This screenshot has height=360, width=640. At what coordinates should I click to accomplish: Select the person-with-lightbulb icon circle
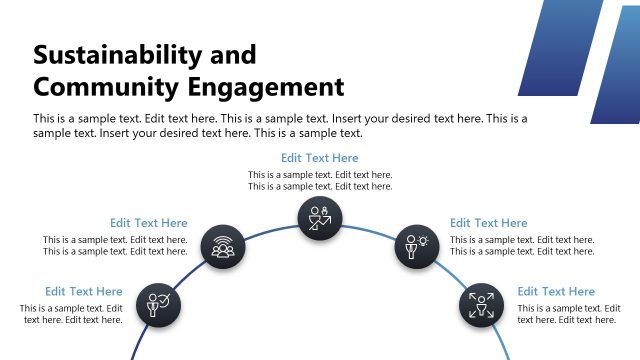click(416, 245)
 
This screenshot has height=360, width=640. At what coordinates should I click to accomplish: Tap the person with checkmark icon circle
click(159, 303)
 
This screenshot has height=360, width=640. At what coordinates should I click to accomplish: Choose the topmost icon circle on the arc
click(320, 217)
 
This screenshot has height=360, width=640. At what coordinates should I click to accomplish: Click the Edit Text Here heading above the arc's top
click(320, 158)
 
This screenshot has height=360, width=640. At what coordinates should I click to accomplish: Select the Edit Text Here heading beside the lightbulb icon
click(489, 223)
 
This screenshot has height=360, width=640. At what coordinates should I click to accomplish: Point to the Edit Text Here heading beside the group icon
click(149, 223)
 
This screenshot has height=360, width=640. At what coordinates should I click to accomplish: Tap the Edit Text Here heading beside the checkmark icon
click(84, 292)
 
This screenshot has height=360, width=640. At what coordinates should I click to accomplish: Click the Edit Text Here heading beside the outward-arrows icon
click(556, 292)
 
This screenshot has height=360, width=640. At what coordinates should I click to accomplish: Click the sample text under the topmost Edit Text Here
click(320, 180)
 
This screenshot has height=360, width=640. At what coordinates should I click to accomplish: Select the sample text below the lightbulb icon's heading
click(522, 245)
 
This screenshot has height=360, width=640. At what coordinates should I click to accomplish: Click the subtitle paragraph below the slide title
click(280, 125)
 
